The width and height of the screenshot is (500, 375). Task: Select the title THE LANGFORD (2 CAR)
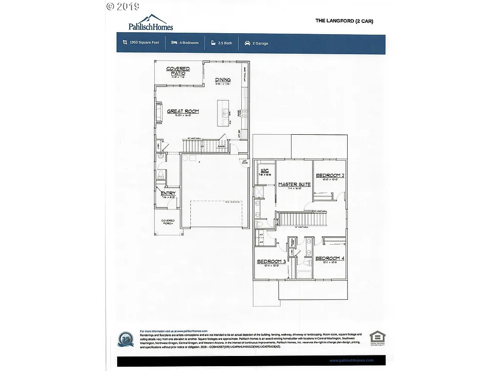(344, 21)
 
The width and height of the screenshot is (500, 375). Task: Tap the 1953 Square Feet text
(145, 43)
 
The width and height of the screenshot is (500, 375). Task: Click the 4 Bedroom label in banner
(188, 43)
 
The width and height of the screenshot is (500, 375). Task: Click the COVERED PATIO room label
(178, 71)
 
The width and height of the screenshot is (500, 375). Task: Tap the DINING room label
(223, 80)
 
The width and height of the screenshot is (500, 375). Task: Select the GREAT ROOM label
(183, 111)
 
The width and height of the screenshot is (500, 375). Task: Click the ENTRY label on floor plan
(168, 194)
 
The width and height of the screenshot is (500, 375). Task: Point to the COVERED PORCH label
(168, 223)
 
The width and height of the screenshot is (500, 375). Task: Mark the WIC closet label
(266, 170)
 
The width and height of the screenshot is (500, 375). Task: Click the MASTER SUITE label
(294, 184)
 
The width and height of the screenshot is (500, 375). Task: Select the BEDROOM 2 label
(330, 175)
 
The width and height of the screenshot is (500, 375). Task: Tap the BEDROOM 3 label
(271, 262)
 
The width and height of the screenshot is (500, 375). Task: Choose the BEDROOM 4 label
(330, 258)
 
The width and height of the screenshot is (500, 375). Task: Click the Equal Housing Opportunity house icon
(377, 337)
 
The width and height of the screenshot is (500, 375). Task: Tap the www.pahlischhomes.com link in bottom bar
(352, 361)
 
